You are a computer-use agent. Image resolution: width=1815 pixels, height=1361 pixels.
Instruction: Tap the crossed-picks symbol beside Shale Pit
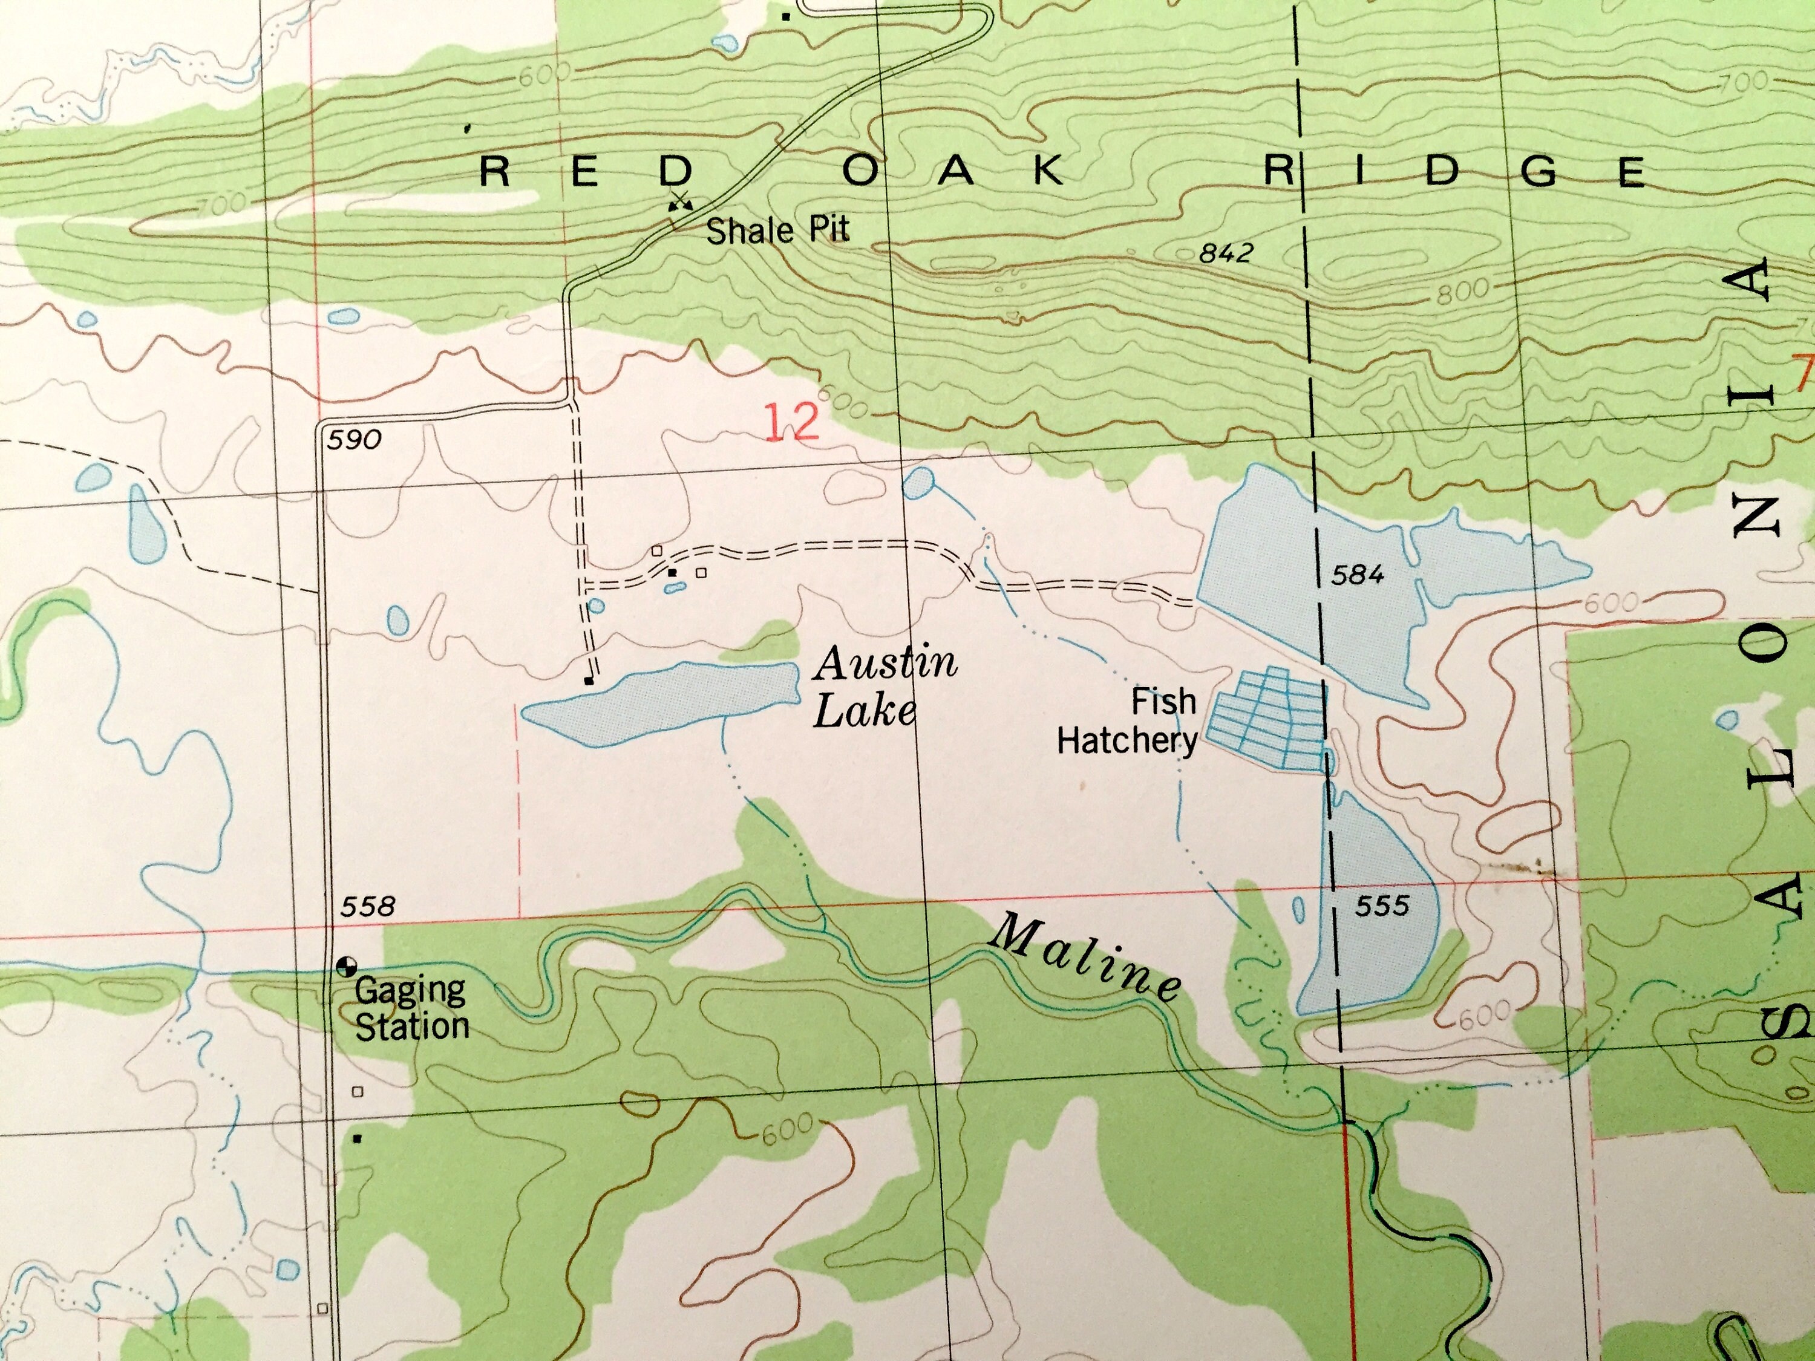pyautogui.click(x=679, y=200)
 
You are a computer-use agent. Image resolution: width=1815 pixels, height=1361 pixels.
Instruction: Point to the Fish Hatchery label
pyautogui.click(x=1129, y=721)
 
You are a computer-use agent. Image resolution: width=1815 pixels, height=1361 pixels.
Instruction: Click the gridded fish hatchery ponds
pyautogui.click(x=1269, y=719)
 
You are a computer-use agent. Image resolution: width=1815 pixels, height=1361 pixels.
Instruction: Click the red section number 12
pyautogui.click(x=792, y=422)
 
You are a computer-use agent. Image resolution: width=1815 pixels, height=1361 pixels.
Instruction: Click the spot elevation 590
pyautogui.click(x=355, y=440)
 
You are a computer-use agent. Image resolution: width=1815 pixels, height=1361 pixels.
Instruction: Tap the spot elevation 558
pyautogui.click(x=368, y=907)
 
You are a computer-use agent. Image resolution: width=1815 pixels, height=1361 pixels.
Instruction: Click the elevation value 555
pyautogui.click(x=1382, y=906)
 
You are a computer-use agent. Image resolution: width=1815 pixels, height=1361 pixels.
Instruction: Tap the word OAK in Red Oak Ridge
pyautogui.click(x=953, y=171)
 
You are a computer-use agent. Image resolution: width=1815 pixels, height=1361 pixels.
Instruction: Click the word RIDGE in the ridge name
pyautogui.click(x=1453, y=170)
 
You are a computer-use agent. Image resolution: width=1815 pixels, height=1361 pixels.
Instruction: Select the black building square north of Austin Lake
pyautogui.click(x=587, y=680)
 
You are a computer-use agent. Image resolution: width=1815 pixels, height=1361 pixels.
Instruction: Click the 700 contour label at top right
pyautogui.click(x=1744, y=81)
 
